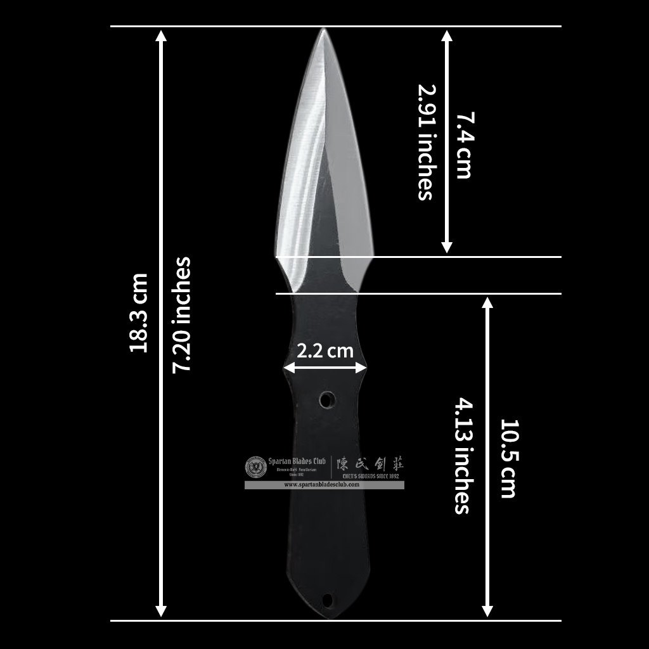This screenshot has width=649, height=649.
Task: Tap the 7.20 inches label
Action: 182,314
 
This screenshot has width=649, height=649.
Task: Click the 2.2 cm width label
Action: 325,350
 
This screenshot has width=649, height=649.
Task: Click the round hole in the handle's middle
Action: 327,400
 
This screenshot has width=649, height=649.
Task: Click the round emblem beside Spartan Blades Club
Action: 255,467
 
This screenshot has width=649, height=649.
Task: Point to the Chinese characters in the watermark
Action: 369,463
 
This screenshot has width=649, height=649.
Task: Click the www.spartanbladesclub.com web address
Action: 322,485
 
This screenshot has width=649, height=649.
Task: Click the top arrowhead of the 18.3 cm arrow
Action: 162,34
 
